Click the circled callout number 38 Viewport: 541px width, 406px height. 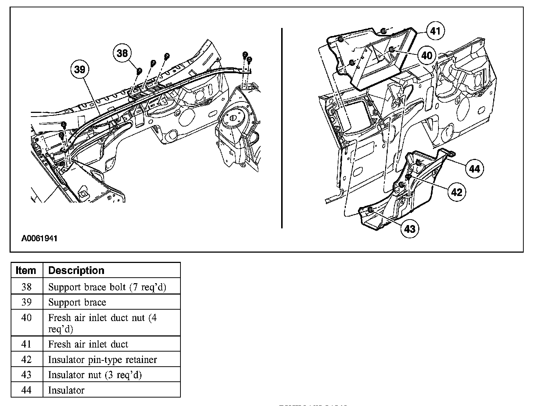tap(122, 53)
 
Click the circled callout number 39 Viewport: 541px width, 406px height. tap(80, 69)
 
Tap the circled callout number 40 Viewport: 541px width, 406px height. tap(426, 56)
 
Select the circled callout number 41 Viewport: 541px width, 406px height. tap(435, 31)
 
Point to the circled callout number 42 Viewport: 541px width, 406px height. tap(456, 192)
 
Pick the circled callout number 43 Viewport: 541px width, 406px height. tap(409, 229)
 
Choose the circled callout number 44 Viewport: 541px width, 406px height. tap(474, 168)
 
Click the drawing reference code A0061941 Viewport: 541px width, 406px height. tap(39, 238)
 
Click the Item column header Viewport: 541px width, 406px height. tap(26, 270)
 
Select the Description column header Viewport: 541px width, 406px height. tap(76, 270)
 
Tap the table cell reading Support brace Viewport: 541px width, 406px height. tap(77, 302)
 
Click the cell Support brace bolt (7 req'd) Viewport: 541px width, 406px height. tap(107, 287)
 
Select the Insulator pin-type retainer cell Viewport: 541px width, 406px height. tap(103, 359)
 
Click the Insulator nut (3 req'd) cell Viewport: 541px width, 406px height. tap(95, 375)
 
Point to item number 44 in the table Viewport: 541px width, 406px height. tap(26, 390)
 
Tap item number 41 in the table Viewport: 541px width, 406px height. tap(26, 344)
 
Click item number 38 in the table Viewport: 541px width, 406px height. tap(26, 287)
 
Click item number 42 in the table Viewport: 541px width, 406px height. tap(26, 359)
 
